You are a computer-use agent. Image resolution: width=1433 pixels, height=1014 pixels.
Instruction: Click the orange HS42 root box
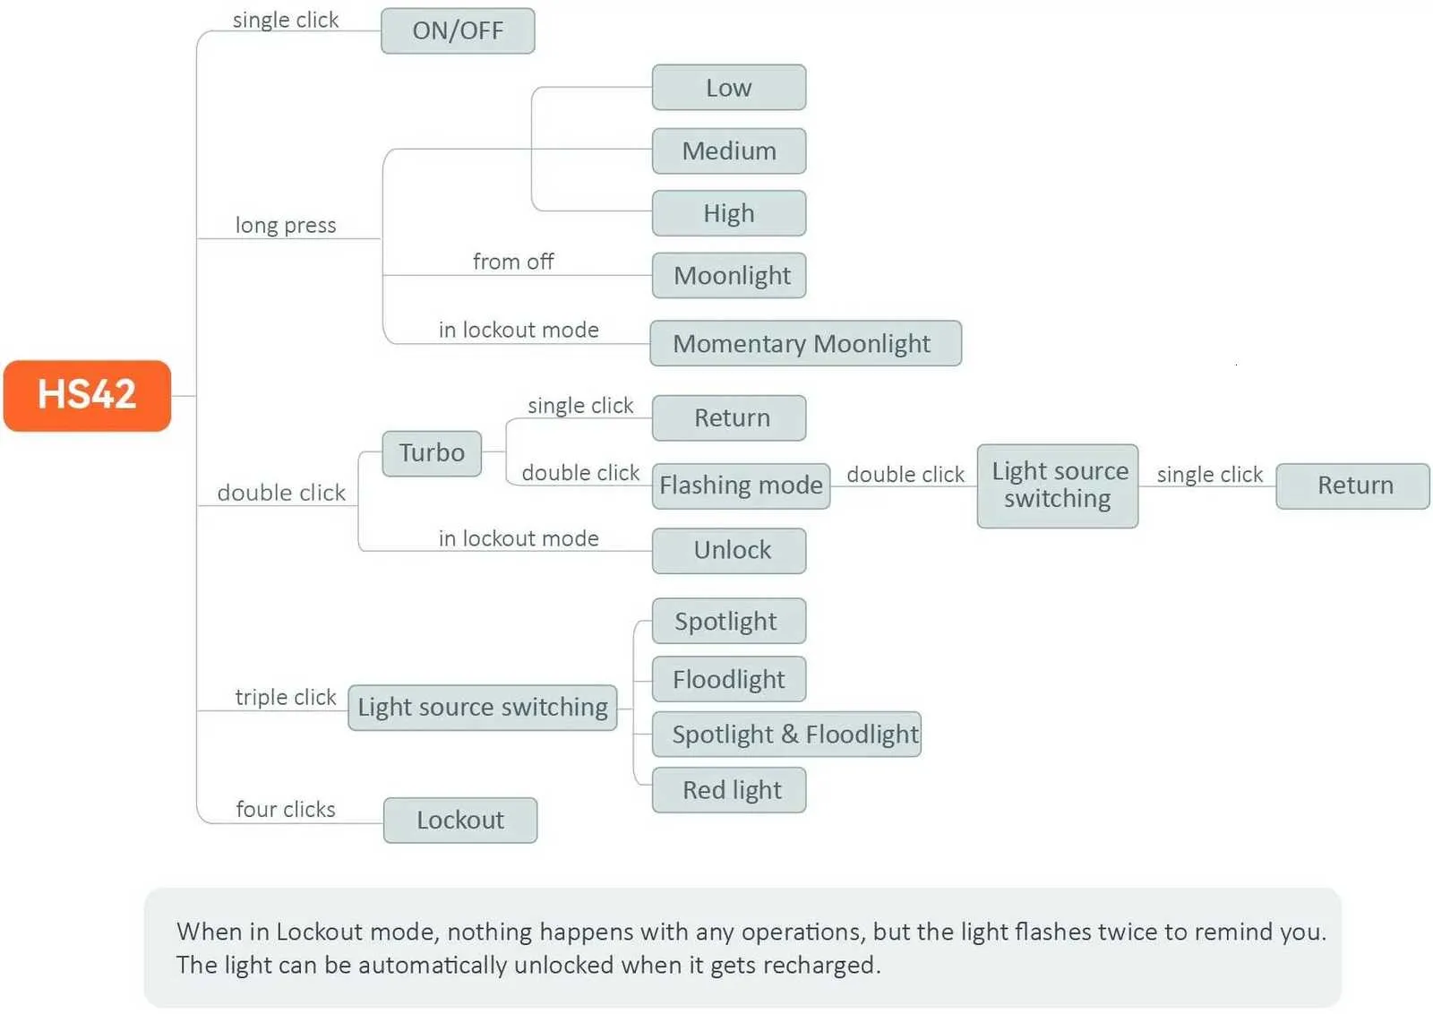pos(87,395)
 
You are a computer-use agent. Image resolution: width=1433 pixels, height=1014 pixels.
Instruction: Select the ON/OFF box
pos(458,31)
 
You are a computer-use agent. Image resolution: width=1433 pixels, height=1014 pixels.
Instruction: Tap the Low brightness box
pos(728,88)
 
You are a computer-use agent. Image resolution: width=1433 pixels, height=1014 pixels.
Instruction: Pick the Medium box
pos(728,150)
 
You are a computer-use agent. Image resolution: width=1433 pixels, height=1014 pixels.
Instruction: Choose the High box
pos(728,213)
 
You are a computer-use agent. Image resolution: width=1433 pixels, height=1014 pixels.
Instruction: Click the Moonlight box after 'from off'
pos(728,275)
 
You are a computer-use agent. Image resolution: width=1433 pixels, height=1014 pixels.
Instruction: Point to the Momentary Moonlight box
pos(804,343)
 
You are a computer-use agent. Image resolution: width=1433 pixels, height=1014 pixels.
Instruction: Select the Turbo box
pos(432,453)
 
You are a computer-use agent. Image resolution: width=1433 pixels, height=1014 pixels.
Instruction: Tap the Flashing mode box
pos(741,486)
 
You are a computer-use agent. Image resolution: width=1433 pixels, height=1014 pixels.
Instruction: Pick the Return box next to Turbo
pos(728,418)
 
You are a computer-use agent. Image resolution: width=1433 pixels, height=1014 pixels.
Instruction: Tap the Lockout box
pos(459,820)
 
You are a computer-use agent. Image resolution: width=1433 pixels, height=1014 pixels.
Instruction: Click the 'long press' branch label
pos(286,225)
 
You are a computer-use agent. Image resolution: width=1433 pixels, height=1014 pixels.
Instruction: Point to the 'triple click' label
pos(285,697)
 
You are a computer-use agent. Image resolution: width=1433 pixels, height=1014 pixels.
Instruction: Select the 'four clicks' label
pos(285,809)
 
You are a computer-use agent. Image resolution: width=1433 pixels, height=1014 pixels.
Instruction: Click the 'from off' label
pos(513,262)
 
